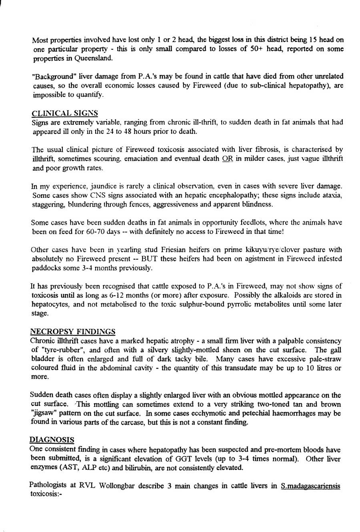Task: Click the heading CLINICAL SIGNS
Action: [64, 113]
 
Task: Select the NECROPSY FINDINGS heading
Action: [73, 332]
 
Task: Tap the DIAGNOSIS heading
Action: [52, 440]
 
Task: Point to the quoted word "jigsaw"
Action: [43, 413]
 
